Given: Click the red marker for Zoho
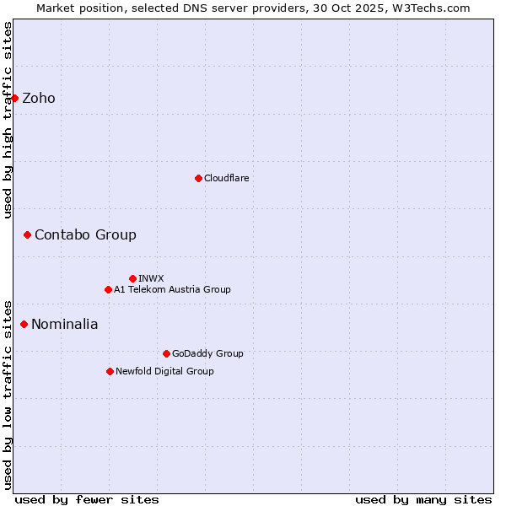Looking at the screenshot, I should click(14, 98).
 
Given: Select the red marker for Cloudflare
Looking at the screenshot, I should click(198, 178).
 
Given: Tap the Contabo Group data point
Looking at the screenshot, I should click(27, 234).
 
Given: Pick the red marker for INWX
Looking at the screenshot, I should click(132, 278).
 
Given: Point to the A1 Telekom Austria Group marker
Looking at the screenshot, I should click(108, 289).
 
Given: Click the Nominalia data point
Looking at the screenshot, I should click(24, 324).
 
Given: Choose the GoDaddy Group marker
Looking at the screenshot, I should click(166, 353).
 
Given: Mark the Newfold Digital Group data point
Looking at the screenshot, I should click(110, 371).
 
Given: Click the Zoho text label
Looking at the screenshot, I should click(39, 98).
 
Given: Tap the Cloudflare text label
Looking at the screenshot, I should click(227, 178).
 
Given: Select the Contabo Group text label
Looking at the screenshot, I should click(85, 234).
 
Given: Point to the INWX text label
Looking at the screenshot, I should click(151, 278).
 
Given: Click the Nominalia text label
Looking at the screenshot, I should click(65, 324).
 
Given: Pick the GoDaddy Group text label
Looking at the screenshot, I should click(207, 353).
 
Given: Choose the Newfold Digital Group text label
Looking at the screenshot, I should click(164, 371).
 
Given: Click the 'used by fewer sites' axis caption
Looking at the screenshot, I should click(87, 499).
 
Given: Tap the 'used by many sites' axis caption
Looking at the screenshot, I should click(423, 499).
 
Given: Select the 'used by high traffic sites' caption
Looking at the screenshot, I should click(8, 120).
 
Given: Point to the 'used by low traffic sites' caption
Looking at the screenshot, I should click(8, 394).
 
